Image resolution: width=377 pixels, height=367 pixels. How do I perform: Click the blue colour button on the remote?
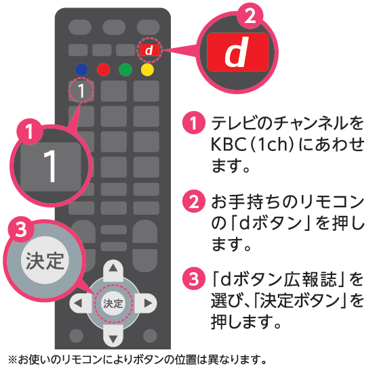81,69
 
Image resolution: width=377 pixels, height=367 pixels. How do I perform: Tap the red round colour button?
103,69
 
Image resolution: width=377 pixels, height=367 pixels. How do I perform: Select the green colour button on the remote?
125,69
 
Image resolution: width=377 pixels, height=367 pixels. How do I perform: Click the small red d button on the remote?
149,50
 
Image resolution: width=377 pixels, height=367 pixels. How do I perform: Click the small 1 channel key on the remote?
81,90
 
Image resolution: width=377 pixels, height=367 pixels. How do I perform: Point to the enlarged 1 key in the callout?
50,167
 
